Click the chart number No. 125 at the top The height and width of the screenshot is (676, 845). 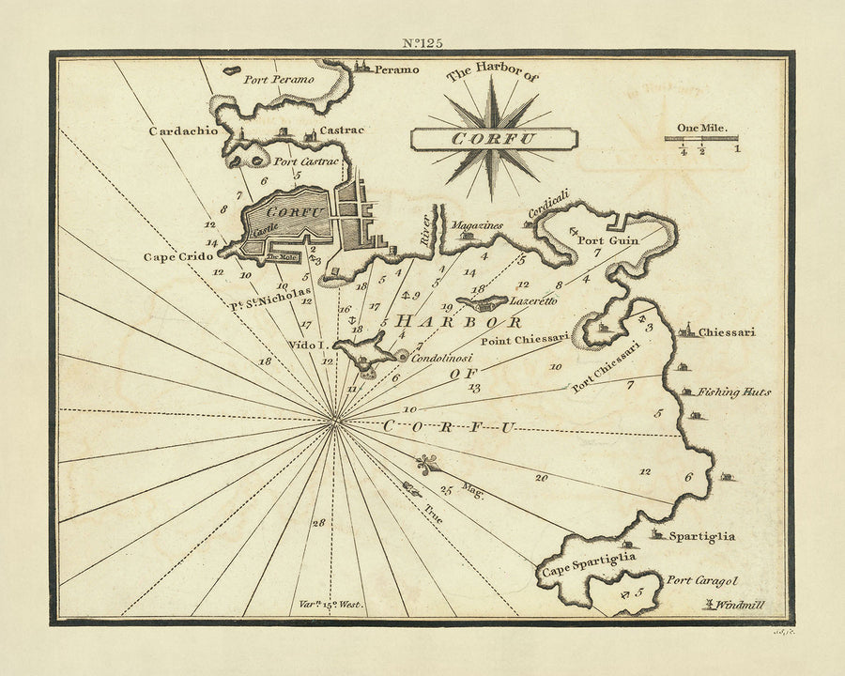click(x=422, y=41)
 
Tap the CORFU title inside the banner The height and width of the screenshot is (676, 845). click(x=494, y=139)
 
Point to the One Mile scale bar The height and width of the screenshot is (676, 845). click(x=701, y=139)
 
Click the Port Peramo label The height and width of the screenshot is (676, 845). click(x=278, y=80)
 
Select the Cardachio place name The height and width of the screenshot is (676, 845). click(x=183, y=131)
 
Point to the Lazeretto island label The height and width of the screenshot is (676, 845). click(x=533, y=301)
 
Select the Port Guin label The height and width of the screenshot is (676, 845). click(x=607, y=240)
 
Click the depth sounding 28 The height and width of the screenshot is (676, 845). click(x=319, y=522)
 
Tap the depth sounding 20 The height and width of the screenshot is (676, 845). click(x=542, y=478)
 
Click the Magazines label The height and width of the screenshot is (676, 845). click(x=477, y=225)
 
